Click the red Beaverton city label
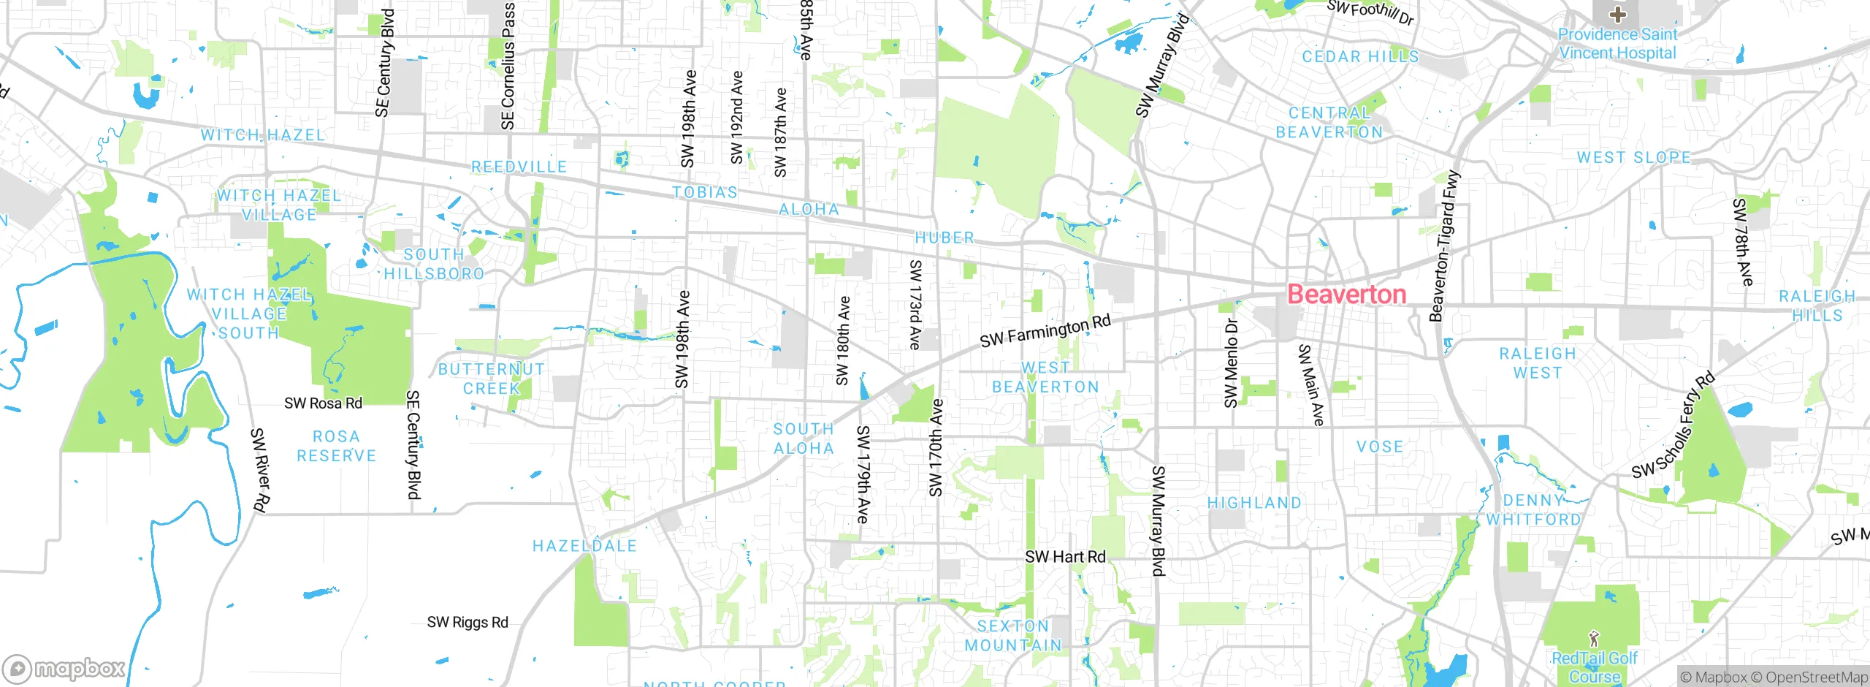coord(1346,295)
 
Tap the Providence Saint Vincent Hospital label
coord(1617,44)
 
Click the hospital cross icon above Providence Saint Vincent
coord(1617,15)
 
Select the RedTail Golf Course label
coord(1595,667)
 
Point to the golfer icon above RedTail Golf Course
coord(1594,639)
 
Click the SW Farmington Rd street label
coord(1045,331)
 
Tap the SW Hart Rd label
coord(1065,557)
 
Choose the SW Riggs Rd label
coord(467,623)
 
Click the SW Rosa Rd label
coord(323,403)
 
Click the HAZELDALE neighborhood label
coord(584,546)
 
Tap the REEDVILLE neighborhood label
coord(519,167)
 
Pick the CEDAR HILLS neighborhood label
coord(1360,57)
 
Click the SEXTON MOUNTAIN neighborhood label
coord(1013,636)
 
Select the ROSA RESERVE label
coord(336,447)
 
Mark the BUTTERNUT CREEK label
coord(492,379)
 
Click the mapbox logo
coord(64,668)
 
